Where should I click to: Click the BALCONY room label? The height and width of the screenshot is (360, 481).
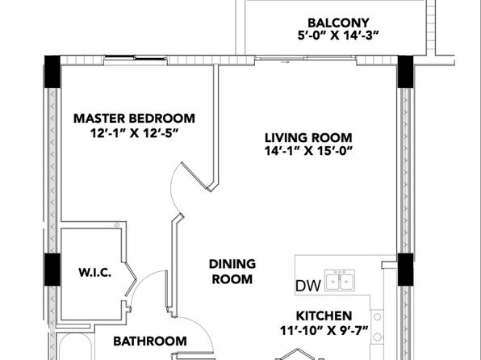pos(338,23)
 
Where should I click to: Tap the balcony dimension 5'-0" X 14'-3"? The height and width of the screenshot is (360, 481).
pos(337,36)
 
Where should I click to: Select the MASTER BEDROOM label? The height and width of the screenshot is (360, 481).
pos(134,119)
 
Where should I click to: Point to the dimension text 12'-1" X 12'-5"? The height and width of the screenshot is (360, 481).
pos(134,133)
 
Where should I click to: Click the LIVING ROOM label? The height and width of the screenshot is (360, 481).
pos(308,138)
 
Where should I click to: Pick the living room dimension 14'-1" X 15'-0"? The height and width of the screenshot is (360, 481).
pos(308,151)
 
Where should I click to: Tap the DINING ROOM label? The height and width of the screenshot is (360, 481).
pos(232,271)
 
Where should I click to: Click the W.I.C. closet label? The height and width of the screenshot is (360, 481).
pos(94,273)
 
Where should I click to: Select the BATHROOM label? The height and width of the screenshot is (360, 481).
pos(150,341)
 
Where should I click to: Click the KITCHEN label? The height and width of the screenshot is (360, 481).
pos(324,316)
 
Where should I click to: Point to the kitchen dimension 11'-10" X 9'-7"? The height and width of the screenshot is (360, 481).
pos(324,330)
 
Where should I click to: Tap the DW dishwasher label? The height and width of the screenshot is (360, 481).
pos(308,286)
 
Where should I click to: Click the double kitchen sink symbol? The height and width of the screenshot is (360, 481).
pos(340,280)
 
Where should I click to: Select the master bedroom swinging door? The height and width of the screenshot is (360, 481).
pos(195,177)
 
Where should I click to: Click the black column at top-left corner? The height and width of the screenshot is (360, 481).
pos(52,72)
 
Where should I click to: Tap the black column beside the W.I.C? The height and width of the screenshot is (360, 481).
pos(52,270)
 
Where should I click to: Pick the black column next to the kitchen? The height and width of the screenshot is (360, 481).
pos(405,270)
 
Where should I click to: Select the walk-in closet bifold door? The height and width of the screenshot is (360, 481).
pos(131,279)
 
